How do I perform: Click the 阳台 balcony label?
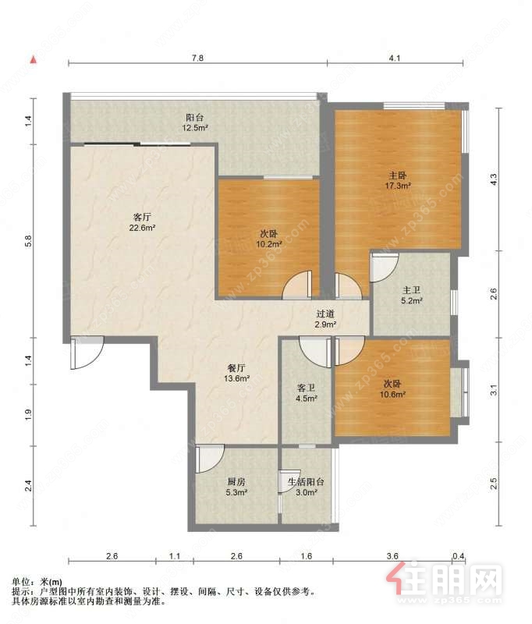(194, 118)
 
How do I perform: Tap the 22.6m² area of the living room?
(142, 228)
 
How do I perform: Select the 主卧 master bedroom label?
(398, 175)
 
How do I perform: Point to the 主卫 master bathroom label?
(411, 291)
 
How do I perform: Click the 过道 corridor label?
(325, 314)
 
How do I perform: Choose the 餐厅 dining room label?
(236, 368)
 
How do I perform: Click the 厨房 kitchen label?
(236, 482)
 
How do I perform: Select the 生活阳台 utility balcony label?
(306, 482)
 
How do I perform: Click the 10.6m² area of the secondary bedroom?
(392, 395)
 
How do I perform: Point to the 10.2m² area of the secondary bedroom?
(269, 244)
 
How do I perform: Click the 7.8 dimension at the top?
(198, 58)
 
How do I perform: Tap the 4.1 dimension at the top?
(395, 58)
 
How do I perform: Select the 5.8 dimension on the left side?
(28, 242)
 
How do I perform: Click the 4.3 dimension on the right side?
(494, 179)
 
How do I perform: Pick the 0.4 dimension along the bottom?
(459, 556)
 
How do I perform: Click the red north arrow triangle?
(34, 60)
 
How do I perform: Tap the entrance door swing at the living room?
(87, 353)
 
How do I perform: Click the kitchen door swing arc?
(210, 459)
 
